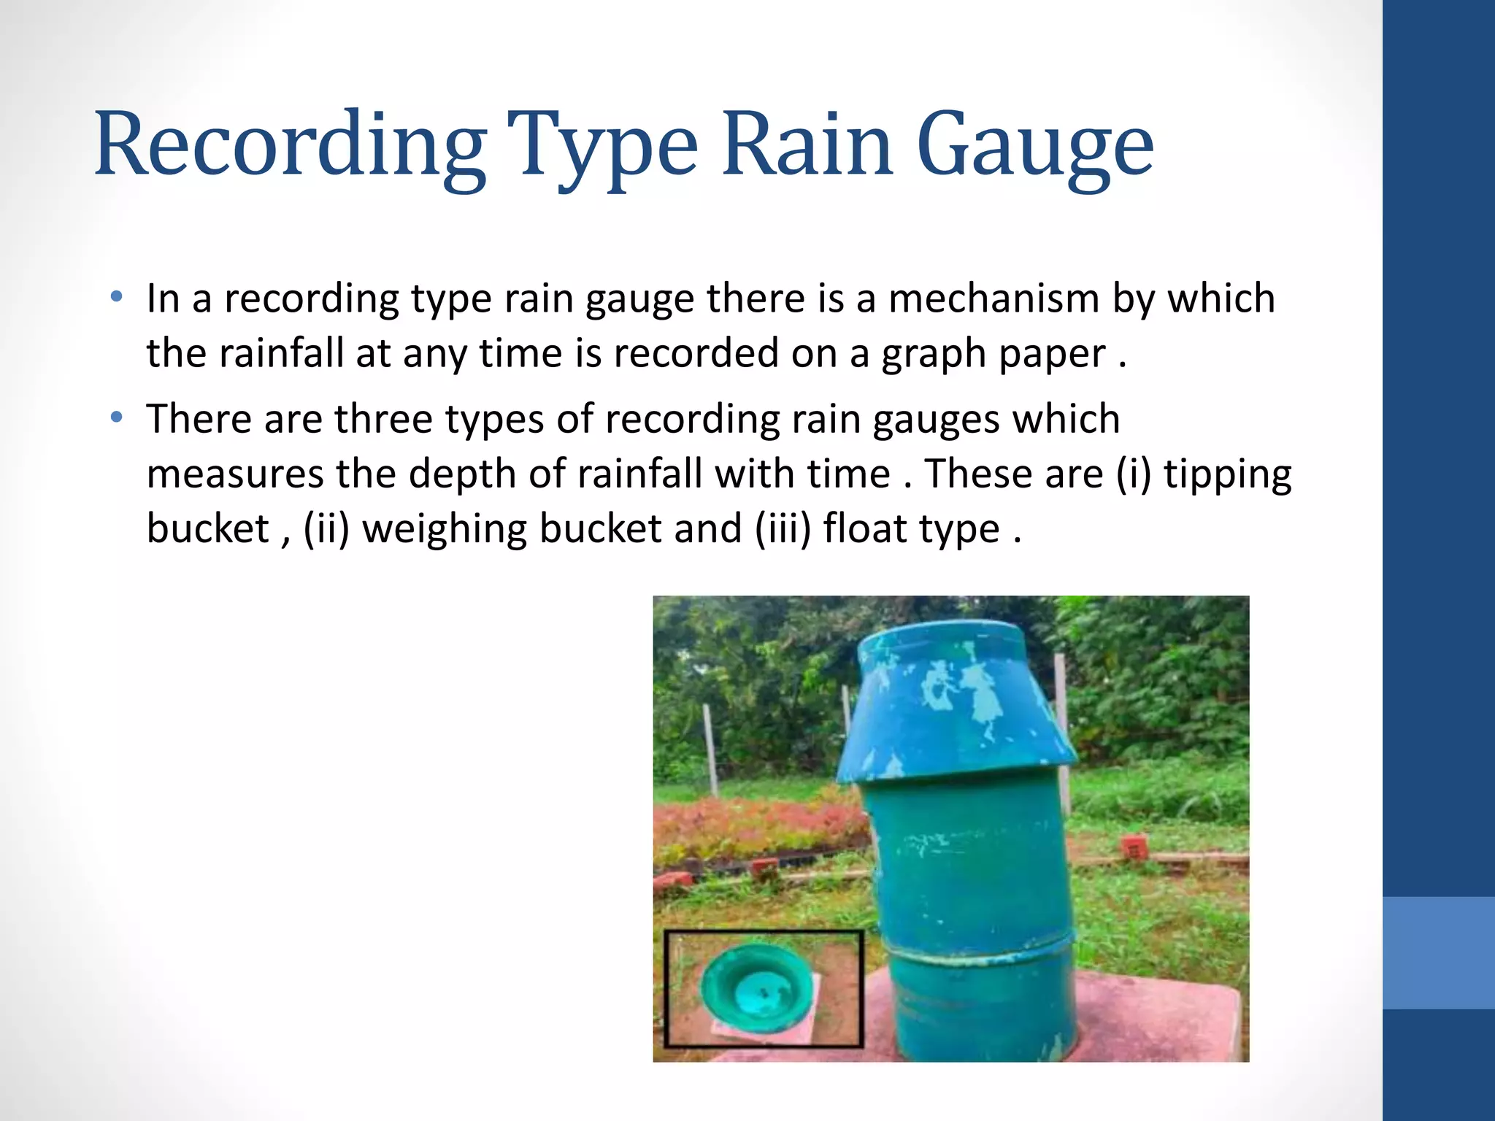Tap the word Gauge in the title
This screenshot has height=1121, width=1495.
click(x=1035, y=146)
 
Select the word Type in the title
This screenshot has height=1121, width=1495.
click(x=602, y=146)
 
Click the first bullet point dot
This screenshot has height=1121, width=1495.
click(x=116, y=297)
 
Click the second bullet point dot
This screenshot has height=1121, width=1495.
click(x=116, y=418)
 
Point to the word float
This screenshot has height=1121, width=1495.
click(x=864, y=528)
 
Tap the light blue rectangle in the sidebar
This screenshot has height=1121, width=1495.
click(x=1438, y=952)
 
